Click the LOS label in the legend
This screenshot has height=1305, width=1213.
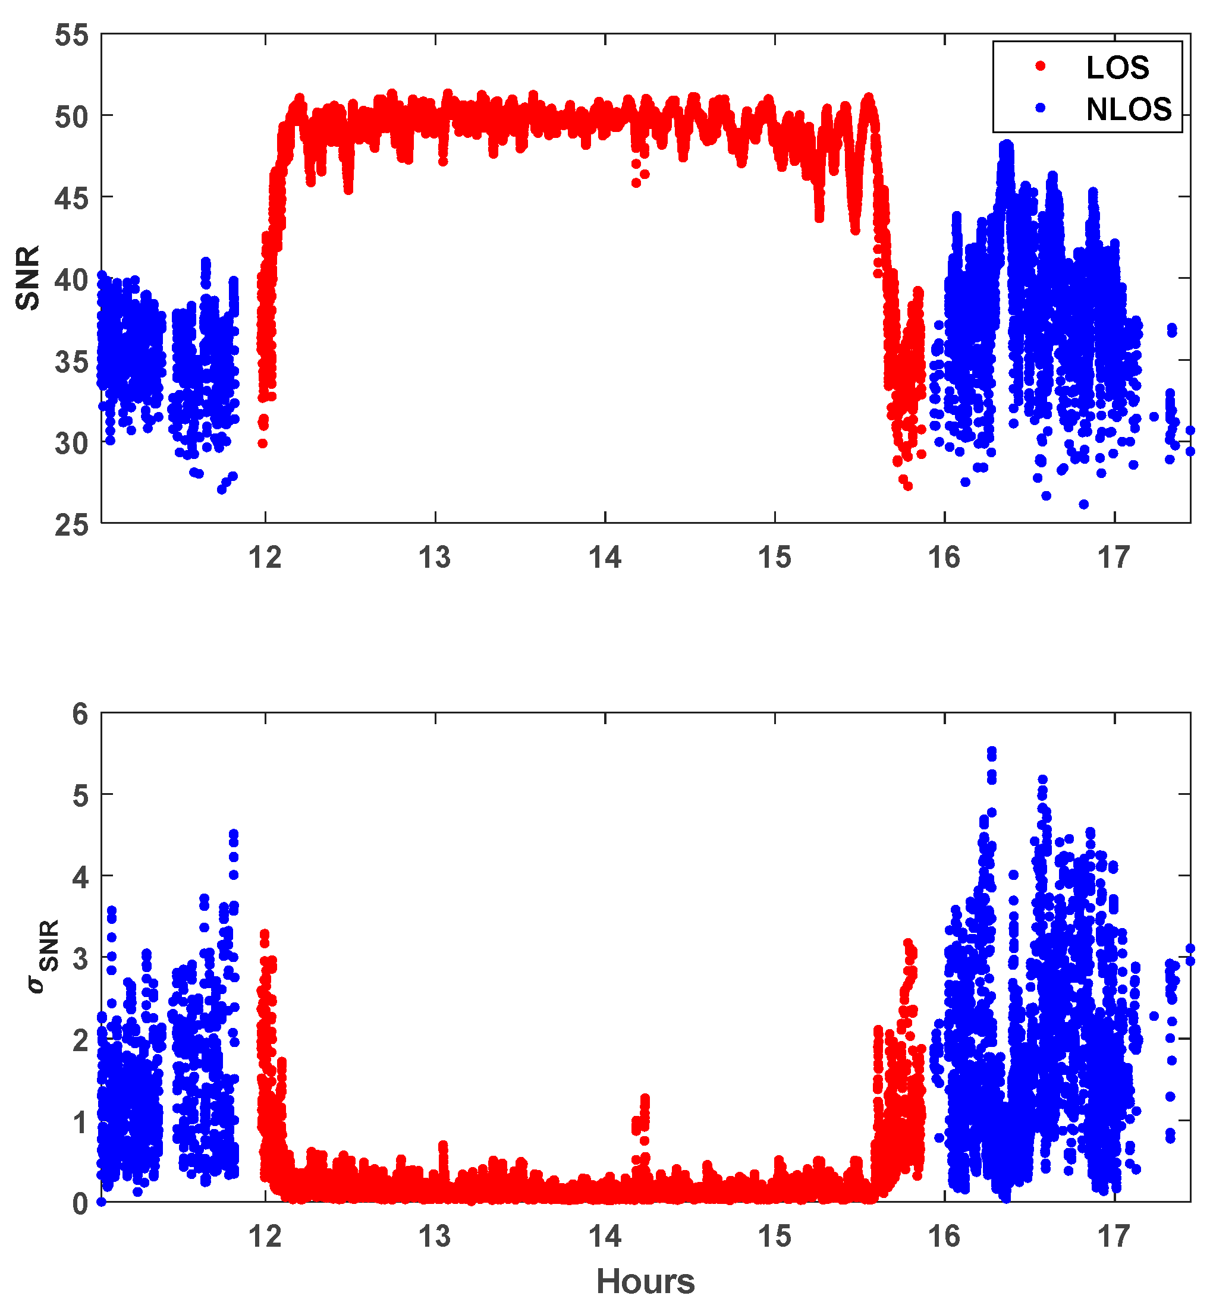[1117, 68]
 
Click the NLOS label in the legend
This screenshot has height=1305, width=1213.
[1129, 109]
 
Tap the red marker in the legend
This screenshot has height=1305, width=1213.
[1041, 65]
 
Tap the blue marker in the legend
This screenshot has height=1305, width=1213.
[1041, 108]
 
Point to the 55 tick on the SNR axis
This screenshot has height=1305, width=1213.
[71, 35]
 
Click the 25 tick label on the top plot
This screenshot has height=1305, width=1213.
[71, 525]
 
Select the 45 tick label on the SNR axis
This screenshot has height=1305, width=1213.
[71, 197]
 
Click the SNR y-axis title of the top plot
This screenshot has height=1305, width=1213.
[28, 278]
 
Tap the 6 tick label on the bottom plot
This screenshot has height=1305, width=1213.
[80, 714]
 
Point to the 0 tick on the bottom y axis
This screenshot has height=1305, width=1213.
[80, 1204]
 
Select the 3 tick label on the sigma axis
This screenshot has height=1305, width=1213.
[80, 959]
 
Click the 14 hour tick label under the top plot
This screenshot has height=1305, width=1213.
[605, 558]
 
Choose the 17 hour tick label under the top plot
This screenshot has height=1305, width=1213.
[1114, 558]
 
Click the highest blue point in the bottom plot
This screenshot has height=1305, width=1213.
[992, 751]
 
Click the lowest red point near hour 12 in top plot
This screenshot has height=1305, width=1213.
[263, 444]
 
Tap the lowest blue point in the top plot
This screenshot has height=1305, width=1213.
[1084, 504]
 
